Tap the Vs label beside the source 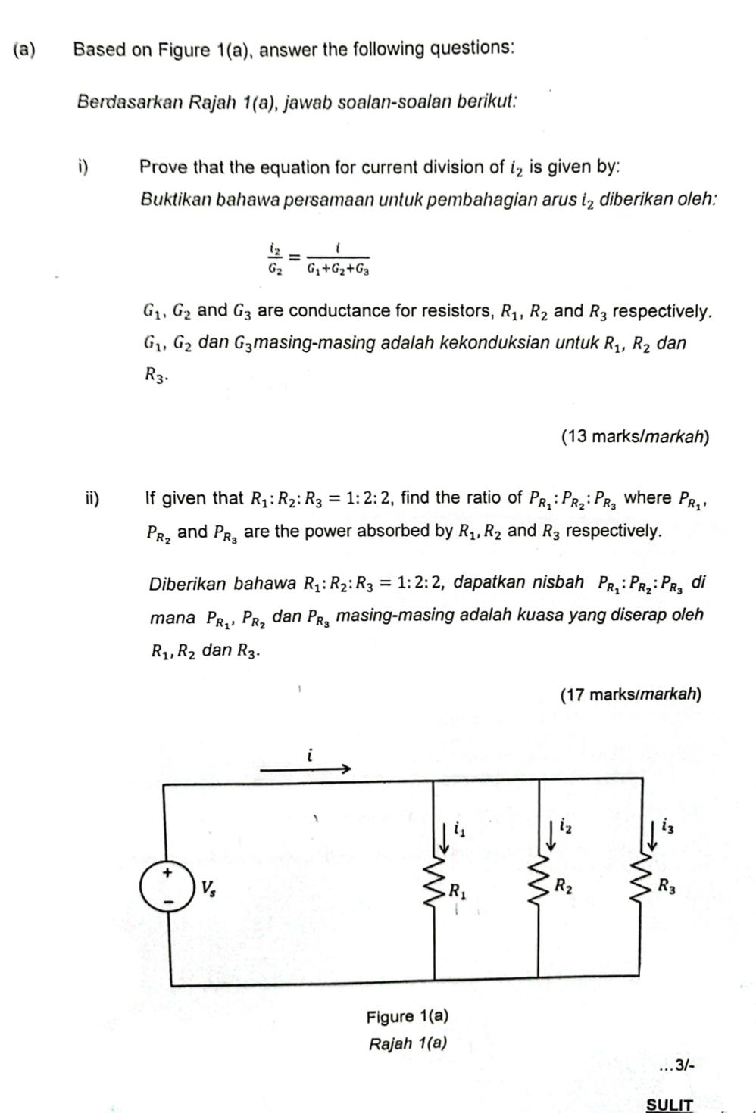tap(207, 887)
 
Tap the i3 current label tap(667, 825)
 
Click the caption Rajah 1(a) tap(407, 1043)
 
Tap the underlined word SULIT tap(669, 1105)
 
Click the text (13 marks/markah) tap(635, 436)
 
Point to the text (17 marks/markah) tap(630, 694)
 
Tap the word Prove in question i tap(164, 167)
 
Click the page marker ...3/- tap(676, 1065)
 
